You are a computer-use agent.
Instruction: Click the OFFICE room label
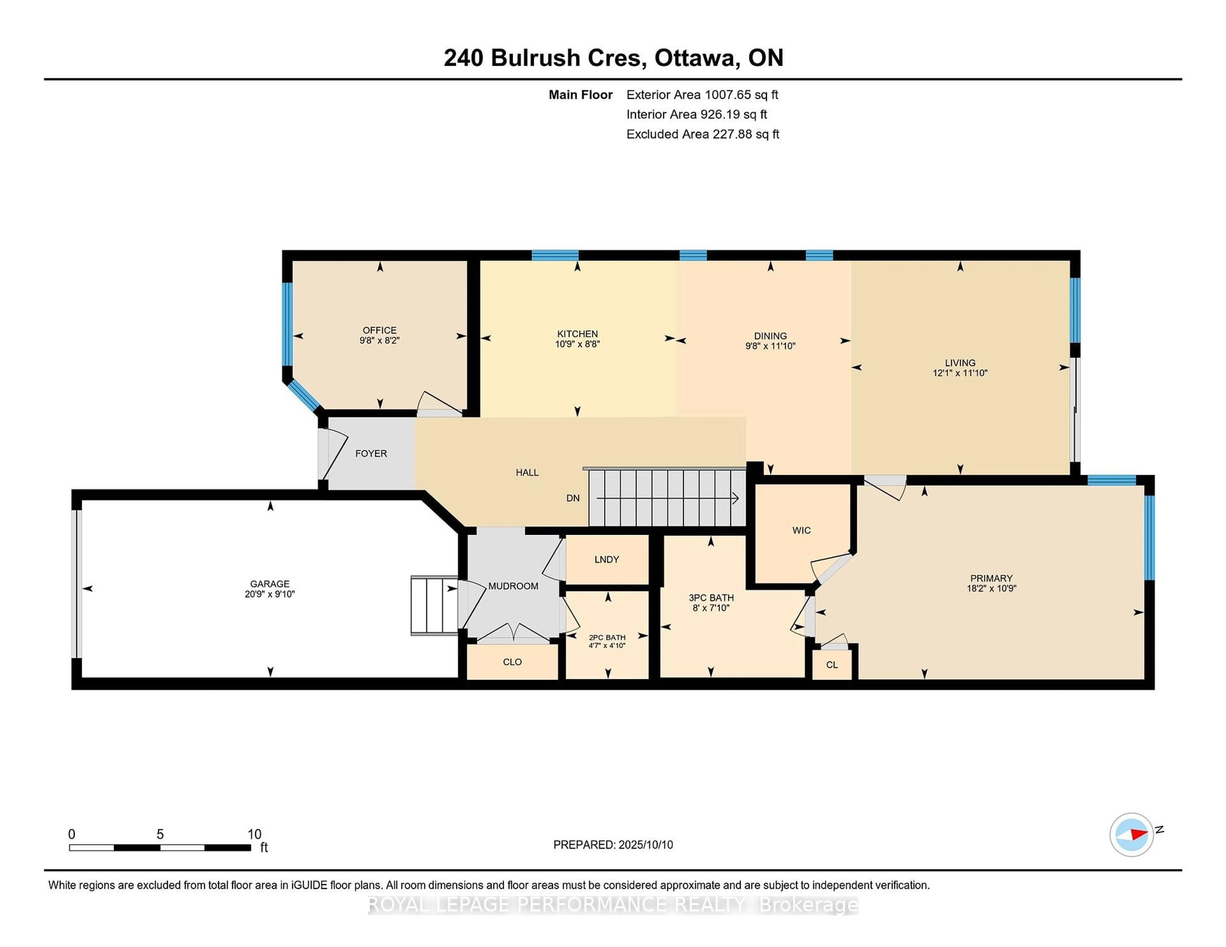pos(380,331)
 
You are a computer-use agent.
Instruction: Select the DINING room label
pos(770,336)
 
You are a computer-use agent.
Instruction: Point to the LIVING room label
pos(960,363)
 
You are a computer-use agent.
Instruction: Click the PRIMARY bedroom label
pos(991,578)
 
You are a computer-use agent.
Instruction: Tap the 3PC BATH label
pos(711,598)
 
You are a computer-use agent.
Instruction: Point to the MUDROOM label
pos(513,586)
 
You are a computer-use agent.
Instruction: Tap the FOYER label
pos(371,453)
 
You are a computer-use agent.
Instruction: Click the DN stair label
pos(572,498)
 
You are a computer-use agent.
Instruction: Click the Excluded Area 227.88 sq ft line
pos(703,134)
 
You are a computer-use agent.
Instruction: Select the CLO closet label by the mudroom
pos(512,662)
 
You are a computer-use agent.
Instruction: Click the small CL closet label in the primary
pos(832,665)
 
